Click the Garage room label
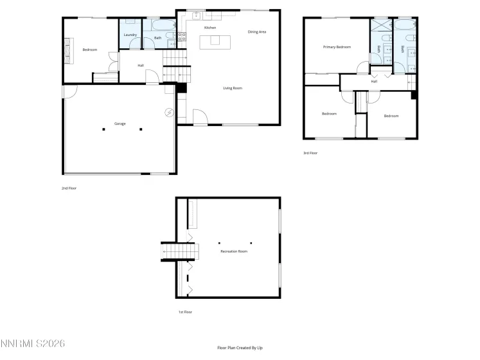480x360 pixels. [120, 123]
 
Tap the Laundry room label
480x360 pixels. [130, 35]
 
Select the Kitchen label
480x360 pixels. [209, 28]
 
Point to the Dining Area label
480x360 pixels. [257, 32]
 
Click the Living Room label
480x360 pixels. [233, 88]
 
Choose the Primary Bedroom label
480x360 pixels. [337, 47]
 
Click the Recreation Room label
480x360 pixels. [233, 251]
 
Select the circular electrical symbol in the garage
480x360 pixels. [169, 112]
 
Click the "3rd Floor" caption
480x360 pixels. [310, 153]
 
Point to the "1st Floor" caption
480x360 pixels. [185, 312]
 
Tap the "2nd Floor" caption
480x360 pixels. [69, 188]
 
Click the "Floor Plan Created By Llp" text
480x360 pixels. [240, 348]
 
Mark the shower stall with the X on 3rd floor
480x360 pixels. [380, 26]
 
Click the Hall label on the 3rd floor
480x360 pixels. [374, 82]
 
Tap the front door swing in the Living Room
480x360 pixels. [200, 118]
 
